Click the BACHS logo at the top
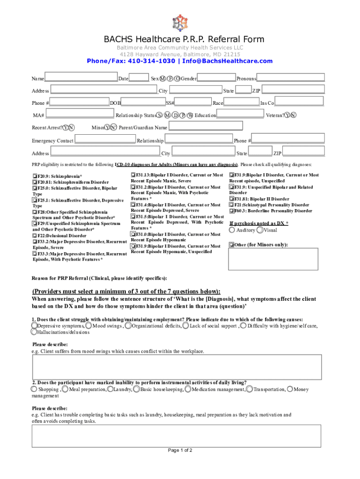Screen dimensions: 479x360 [180, 22]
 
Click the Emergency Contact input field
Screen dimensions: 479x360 [105, 139]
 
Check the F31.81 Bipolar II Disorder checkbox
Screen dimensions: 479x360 [231, 199]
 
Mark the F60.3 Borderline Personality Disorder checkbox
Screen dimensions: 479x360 [231, 211]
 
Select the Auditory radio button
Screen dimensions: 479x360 [232, 230]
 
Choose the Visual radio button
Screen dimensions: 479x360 [260, 230]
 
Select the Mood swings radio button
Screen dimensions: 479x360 [89, 326]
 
